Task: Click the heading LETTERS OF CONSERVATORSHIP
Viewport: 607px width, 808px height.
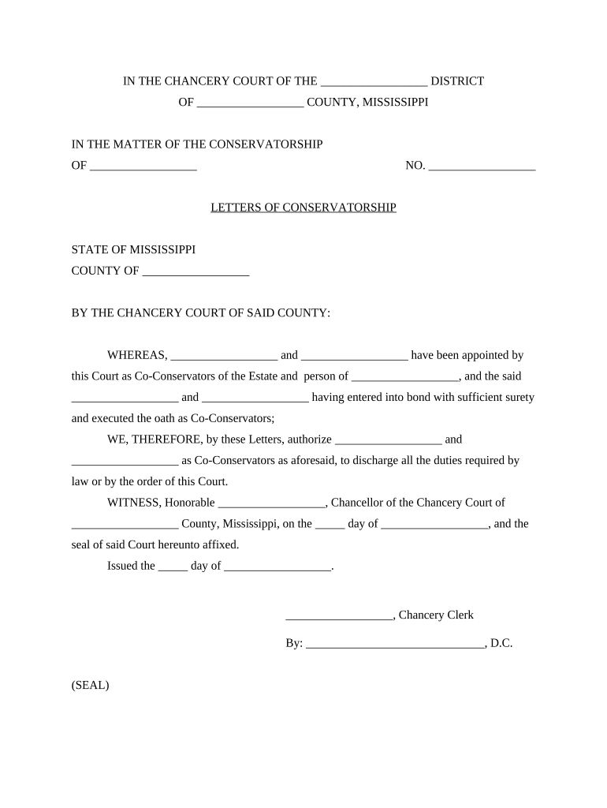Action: click(x=303, y=208)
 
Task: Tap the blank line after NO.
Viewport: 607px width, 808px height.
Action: click(x=482, y=166)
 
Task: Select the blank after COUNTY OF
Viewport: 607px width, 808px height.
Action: click(x=196, y=271)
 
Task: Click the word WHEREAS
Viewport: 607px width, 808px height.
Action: click(x=137, y=355)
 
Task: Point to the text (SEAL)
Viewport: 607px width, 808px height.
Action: click(x=90, y=685)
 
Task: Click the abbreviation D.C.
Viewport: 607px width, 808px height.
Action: click(x=501, y=643)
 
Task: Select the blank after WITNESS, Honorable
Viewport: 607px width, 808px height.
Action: click(x=270, y=503)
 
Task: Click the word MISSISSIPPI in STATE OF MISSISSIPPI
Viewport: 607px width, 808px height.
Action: click(x=160, y=249)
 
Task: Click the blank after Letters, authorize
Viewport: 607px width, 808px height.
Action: click(x=388, y=440)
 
